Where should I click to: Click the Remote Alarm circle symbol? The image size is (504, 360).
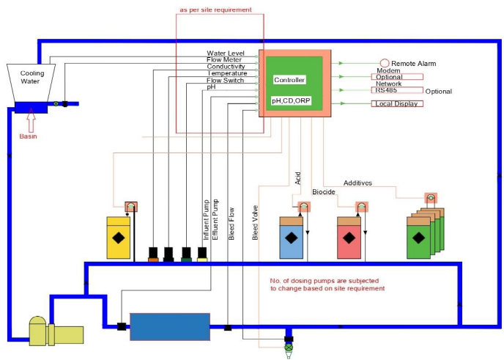[x=384, y=63]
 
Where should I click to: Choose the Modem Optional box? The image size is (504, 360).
[x=397, y=76]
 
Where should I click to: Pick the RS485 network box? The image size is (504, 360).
[x=397, y=90]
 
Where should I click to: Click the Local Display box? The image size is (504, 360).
[x=397, y=103]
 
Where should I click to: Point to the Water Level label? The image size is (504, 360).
[x=226, y=54]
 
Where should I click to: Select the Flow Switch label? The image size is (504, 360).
[x=226, y=80]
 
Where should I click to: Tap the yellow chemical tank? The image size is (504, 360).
[x=119, y=238]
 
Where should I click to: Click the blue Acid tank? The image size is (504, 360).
[x=292, y=238]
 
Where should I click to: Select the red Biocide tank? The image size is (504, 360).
[x=349, y=238]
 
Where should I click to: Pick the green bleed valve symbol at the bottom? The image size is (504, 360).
[x=288, y=344]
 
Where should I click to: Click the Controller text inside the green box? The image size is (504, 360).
[x=289, y=79]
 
